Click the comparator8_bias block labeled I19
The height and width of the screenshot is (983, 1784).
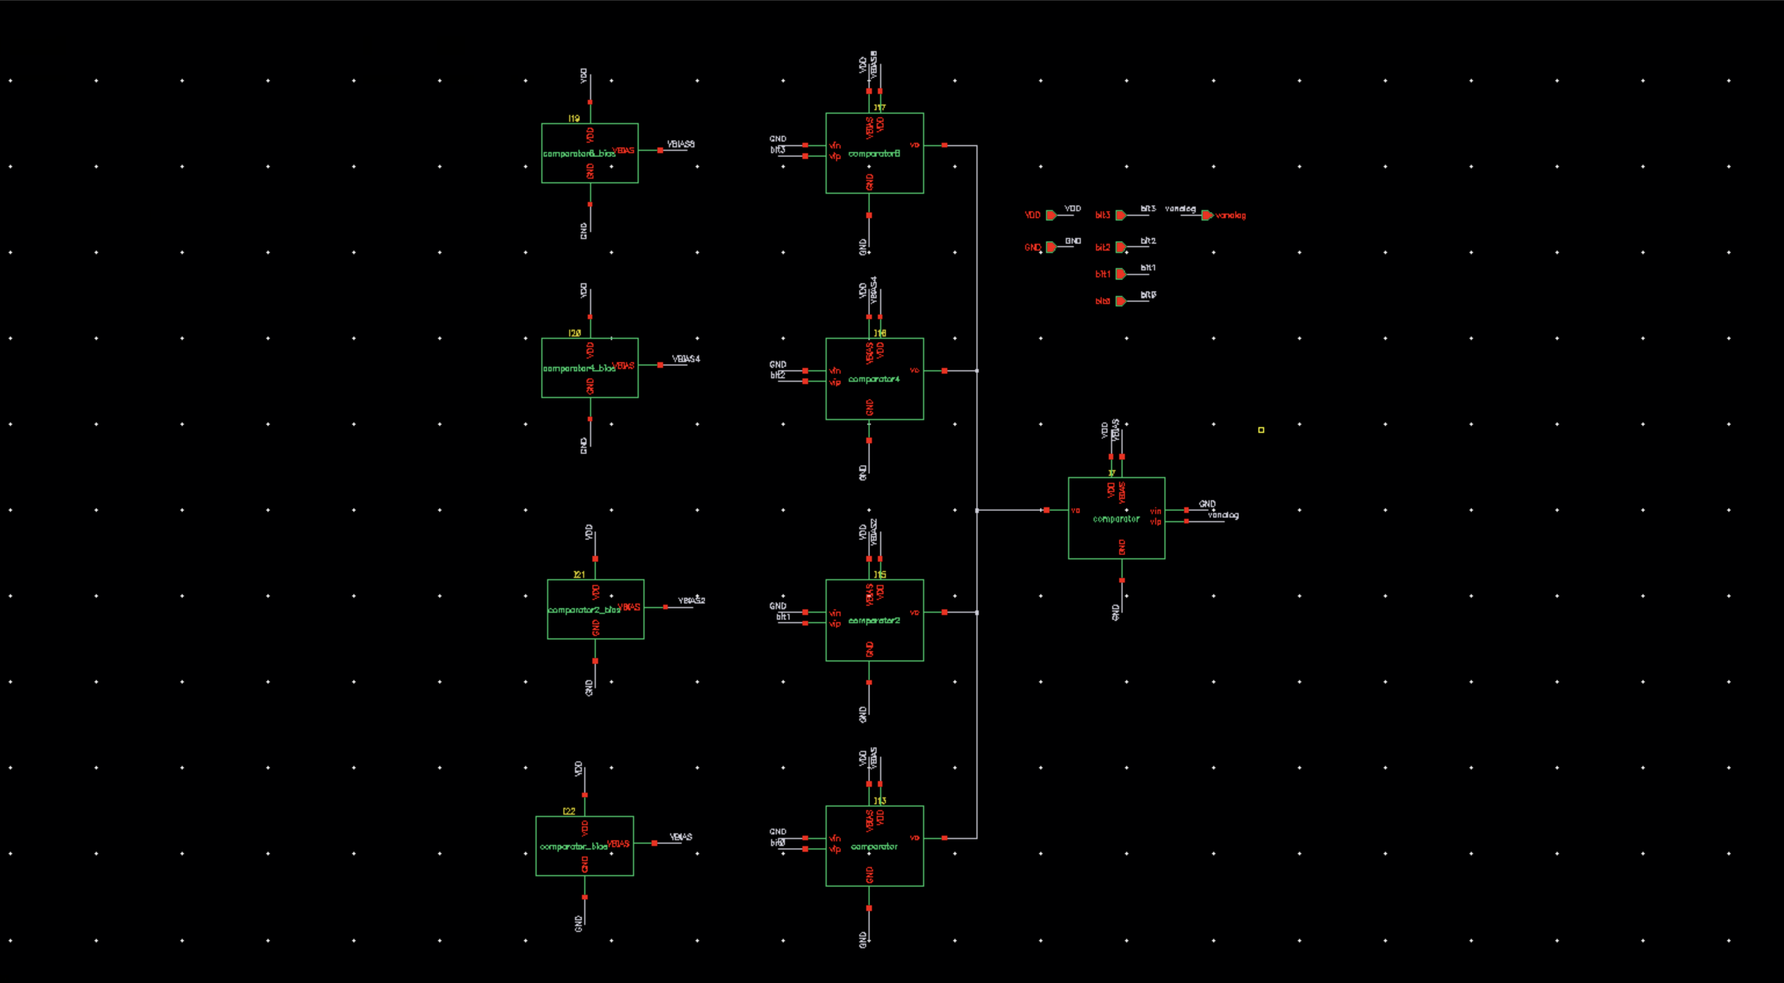coord(589,153)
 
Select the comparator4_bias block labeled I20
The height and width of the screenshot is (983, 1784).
coord(589,368)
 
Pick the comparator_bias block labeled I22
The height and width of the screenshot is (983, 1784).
coord(584,846)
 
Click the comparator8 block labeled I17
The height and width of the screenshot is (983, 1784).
coord(874,153)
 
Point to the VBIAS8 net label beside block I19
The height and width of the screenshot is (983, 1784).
coord(680,144)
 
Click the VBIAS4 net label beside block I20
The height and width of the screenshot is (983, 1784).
coord(686,359)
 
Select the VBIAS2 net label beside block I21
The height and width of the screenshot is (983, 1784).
coord(691,600)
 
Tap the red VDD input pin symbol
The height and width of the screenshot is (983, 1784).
coord(1051,215)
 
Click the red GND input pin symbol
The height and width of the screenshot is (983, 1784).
coord(1051,247)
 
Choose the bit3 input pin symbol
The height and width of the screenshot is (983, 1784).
coord(1120,215)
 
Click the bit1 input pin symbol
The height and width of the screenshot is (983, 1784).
coord(1120,274)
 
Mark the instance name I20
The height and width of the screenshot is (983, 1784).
coord(574,333)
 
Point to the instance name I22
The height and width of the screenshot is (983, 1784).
coord(569,811)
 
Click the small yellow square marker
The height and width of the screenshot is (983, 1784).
coord(1261,430)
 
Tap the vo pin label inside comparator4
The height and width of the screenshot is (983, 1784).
coord(914,371)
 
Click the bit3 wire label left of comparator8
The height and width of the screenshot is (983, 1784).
coord(778,150)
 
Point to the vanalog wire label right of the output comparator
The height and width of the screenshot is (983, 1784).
coord(1223,515)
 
